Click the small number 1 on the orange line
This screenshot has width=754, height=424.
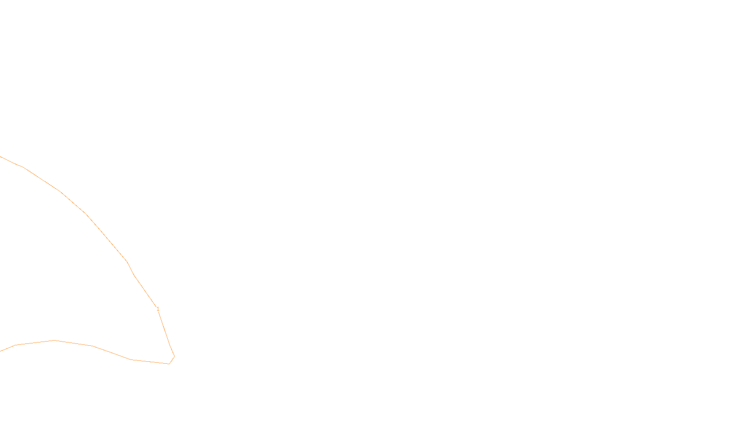pyautogui.click(x=158, y=309)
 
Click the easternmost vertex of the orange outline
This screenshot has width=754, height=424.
pyautogui.click(x=174, y=356)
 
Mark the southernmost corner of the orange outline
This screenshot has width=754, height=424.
pyautogui.click(x=169, y=364)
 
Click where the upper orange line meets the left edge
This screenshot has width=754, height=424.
pyautogui.click(x=0, y=156)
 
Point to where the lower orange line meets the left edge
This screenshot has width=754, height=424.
pyautogui.click(x=0, y=351)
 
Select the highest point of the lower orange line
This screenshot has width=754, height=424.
pyautogui.click(x=54, y=340)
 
